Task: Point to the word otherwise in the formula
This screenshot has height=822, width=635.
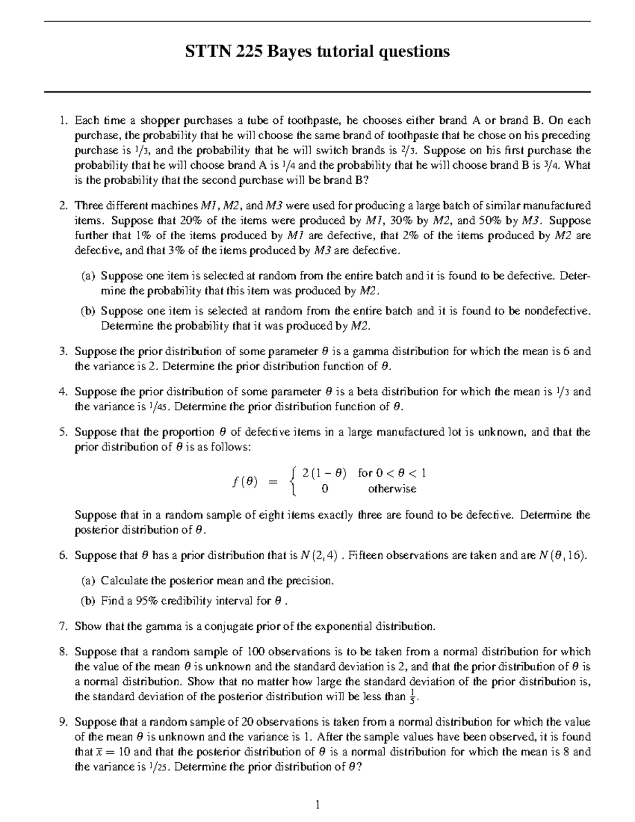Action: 392,489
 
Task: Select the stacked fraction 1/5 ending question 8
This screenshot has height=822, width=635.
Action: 413,697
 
